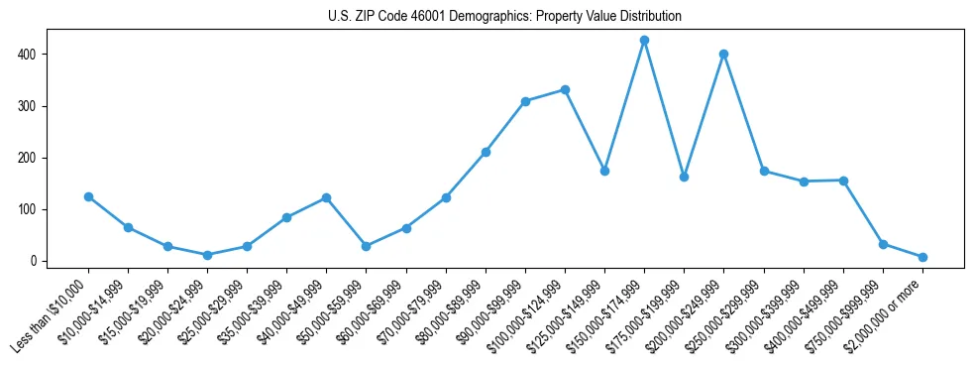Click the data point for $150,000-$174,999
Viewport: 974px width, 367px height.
[644, 40]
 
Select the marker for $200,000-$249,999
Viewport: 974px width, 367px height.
[723, 54]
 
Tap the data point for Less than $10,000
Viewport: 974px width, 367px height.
[88, 196]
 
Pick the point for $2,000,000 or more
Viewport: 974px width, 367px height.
[922, 257]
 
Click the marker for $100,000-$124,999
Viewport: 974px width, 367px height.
[565, 89]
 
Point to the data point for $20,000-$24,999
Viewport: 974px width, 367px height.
[207, 255]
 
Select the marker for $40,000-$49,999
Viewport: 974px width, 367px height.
[326, 197]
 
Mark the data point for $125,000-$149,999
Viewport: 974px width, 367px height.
[604, 171]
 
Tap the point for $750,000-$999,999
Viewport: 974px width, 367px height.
[883, 244]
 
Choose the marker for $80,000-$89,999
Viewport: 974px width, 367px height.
[486, 152]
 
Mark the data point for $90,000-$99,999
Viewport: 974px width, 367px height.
[525, 101]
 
